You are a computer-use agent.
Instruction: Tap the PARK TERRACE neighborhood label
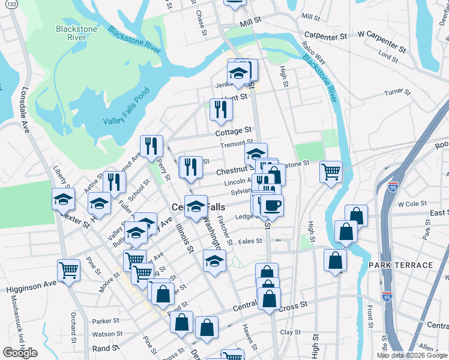tap(400, 265)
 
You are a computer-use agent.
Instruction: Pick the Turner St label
tap(397, 92)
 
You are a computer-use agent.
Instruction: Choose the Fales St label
tap(250, 241)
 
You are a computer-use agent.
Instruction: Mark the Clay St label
tap(290, 332)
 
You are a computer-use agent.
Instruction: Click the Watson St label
tap(107, 334)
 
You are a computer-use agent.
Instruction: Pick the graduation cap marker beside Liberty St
tap(63, 199)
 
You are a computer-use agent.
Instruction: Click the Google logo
tap(20, 353)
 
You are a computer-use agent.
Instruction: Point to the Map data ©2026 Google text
tap(411, 355)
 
